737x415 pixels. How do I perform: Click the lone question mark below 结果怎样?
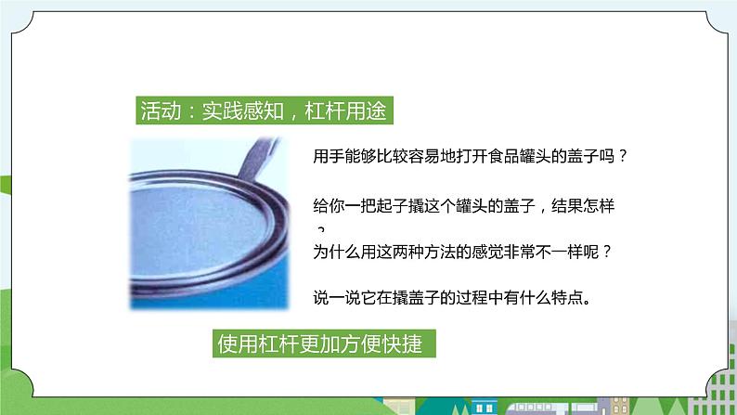321,230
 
